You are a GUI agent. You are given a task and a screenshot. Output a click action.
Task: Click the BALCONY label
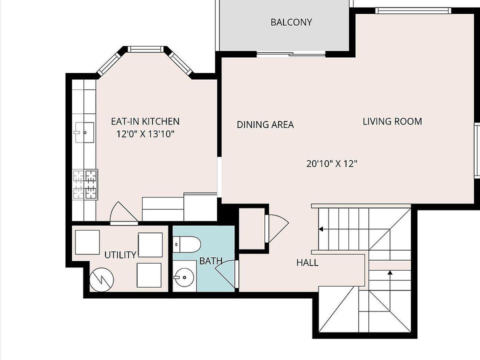pos(291,22)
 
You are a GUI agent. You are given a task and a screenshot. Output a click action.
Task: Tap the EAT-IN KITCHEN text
pos(145,121)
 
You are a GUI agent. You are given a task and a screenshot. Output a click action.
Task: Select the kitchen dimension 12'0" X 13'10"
pos(145,134)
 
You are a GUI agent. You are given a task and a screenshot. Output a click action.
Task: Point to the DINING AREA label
pos(265,124)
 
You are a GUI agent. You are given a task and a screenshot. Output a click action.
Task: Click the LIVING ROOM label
pos(392,121)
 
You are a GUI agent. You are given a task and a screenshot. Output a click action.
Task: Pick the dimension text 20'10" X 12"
pos(332,163)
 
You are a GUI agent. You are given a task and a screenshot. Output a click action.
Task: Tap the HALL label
pos(307,262)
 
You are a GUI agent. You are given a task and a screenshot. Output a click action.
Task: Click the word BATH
pos(210,261)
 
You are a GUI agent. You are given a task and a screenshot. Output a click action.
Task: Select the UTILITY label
pos(120,254)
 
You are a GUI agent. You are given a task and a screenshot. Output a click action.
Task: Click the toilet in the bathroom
pos(186,244)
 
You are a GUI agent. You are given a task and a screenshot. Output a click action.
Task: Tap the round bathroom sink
pos(184,277)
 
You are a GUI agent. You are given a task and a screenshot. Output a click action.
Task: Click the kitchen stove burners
pos(85,184)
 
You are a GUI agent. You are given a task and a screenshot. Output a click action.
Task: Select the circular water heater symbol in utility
pos(101,279)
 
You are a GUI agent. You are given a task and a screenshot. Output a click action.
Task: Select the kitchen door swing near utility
pos(123,212)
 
